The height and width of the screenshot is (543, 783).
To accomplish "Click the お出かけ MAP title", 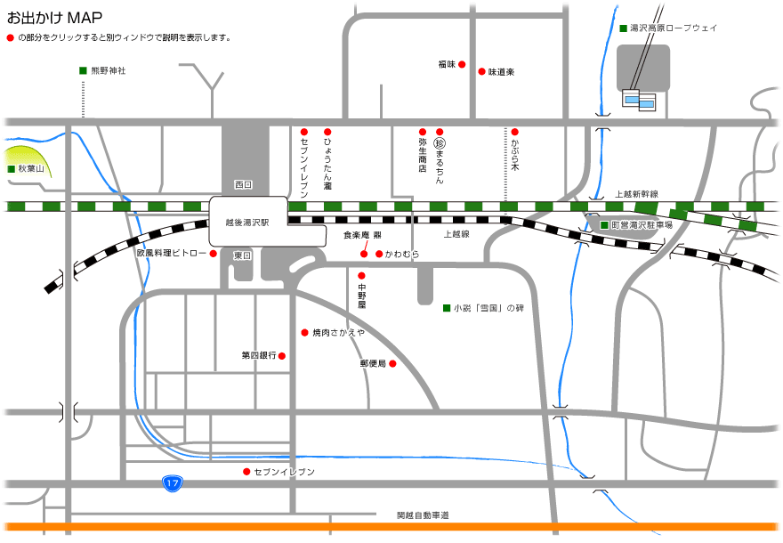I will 54,17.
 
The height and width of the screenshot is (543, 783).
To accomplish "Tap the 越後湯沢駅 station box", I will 248,221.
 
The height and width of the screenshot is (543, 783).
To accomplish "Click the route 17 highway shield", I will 173,483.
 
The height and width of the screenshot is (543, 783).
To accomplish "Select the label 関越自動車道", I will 423,515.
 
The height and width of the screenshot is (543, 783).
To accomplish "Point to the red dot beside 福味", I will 462,64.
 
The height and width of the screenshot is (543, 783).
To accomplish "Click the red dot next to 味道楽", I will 481,71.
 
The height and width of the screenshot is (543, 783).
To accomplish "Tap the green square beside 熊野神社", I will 83,70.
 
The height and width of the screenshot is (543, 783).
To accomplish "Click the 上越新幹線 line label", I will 636,193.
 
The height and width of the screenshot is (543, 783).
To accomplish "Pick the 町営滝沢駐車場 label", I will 642,225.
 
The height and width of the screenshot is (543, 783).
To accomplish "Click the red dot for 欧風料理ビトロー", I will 214,254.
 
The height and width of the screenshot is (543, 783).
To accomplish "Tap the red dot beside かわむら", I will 379,254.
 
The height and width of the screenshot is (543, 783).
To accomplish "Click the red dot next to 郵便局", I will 391,363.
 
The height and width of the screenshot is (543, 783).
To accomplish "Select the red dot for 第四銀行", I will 282,356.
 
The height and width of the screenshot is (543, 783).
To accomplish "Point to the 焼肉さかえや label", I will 338,332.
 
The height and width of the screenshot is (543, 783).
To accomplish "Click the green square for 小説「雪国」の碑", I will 447,308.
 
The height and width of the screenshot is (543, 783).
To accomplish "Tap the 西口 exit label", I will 243,184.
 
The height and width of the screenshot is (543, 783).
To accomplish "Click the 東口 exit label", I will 243,255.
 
